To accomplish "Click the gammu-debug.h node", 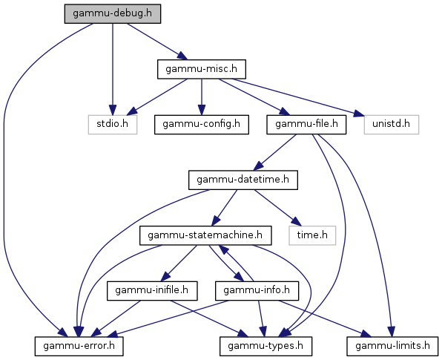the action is [x=113, y=13].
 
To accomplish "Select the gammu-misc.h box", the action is [x=202, y=69].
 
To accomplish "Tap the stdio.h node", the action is [x=113, y=125].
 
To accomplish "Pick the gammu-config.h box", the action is [x=202, y=125].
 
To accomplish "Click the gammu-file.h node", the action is [x=306, y=125].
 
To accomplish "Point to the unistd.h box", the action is [x=392, y=125].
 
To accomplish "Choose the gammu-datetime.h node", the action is [x=243, y=180].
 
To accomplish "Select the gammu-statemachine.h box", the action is [x=205, y=235].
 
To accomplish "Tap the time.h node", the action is [x=312, y=235].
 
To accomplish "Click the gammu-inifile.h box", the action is [x=152, y=290].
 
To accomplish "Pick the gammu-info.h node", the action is [x=257, y=290].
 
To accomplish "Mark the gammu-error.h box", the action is [x=79, y=346].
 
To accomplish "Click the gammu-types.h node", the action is [x=265, y=346].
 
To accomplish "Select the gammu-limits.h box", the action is [x=392, y=346].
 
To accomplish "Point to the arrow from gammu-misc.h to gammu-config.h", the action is [x=202, y=96].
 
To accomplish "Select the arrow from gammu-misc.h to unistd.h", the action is [x=298, y=98].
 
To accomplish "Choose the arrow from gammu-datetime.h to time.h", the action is [x=278, y=208].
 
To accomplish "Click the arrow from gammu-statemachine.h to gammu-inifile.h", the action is [x=180, y=263].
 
